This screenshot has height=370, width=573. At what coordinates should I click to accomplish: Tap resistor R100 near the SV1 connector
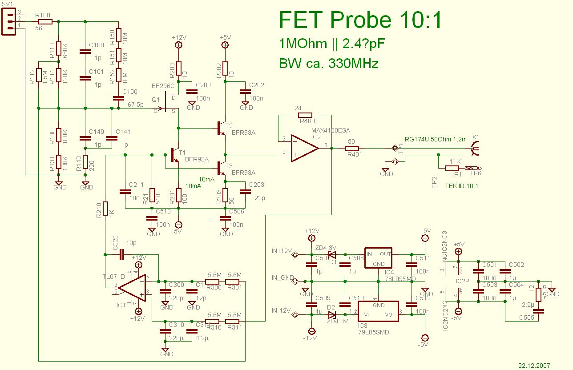tap(45, 21)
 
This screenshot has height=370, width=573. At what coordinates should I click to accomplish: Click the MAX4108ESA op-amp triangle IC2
tap(303, 148)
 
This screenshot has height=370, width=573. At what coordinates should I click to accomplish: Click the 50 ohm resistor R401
tap(351, 148)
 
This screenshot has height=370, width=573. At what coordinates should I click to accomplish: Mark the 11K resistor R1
tap(452, 168)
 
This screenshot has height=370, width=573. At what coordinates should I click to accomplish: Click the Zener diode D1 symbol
tap(331, 255)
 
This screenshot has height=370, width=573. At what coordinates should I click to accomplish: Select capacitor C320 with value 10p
tap(123, 255)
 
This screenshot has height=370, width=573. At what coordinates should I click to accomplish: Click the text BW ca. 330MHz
tap(329, 64)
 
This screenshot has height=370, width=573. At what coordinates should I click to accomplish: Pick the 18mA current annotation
tap(206, 178)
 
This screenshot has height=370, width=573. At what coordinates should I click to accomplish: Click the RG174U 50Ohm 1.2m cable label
tap(436, 139)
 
